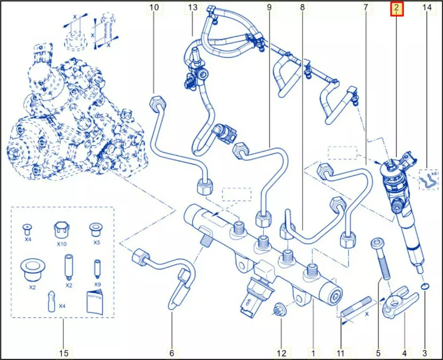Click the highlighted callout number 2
(396, 8)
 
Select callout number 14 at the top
(427, 8)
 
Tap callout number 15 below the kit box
(64, 353)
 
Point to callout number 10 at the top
(154, 8)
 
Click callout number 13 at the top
(192, 8)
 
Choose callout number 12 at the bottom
(281, 353)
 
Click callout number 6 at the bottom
(171, 353)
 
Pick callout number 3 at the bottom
(425, 353)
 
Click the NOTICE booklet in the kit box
(95, 302)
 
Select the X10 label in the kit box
(62, 243)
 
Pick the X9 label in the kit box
(97, 284)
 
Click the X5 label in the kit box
(97, 242)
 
